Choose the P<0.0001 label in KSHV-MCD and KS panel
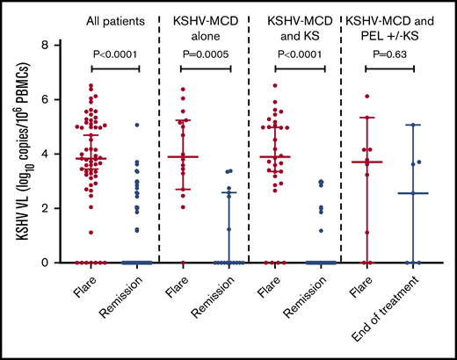click(299, 52)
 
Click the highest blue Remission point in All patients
click(136, 125)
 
